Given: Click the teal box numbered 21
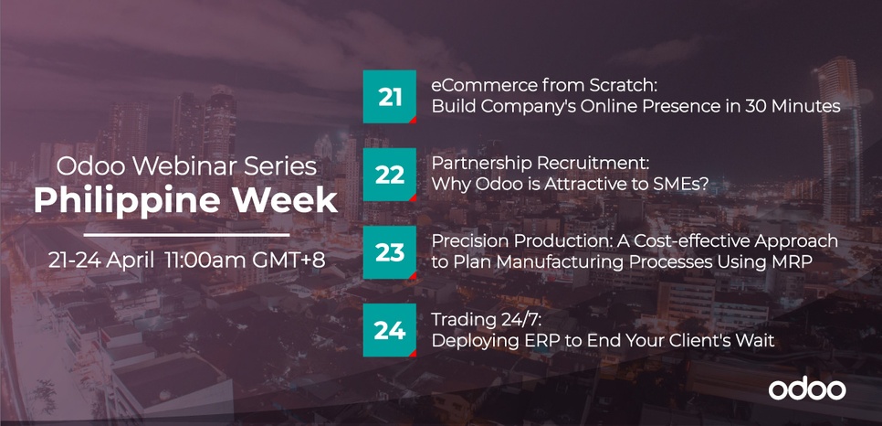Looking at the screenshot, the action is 389,96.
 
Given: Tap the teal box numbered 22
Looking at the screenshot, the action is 389,175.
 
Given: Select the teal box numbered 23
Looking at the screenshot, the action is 389,252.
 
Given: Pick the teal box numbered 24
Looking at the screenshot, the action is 389,330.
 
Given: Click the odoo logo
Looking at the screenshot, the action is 807,389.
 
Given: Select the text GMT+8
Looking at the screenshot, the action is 288,260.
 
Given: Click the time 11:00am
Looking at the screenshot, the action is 205,260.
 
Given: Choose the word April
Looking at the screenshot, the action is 131,261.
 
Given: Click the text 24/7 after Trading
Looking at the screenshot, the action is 510,320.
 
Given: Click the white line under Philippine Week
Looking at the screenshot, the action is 187,234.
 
